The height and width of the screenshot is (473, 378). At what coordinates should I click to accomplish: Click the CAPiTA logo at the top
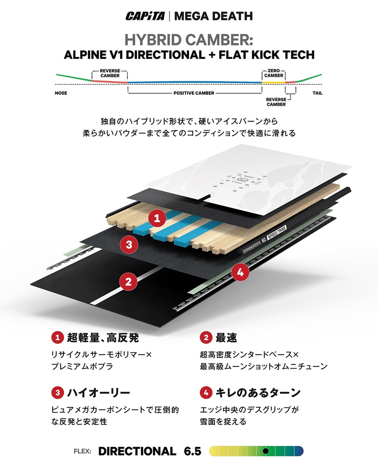[145, 16]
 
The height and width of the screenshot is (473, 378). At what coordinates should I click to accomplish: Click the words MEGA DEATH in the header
[213, 16]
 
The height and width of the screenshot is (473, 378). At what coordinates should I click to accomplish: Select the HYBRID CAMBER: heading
[189, 40]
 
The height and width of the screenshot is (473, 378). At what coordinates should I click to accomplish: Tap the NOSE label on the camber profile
[61, 93]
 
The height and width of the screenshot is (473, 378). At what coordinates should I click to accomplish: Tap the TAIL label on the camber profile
[318, 93]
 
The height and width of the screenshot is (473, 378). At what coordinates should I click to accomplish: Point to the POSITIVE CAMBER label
[194, 93]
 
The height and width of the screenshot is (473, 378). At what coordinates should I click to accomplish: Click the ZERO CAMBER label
[274, 73]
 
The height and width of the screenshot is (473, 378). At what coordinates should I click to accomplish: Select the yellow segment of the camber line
[273, 82]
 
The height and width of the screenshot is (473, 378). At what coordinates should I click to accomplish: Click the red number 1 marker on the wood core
[157, 218]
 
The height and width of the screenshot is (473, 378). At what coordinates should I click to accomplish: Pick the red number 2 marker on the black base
[129, 282]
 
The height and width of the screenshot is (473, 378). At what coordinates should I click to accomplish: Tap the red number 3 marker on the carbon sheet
[129, 244]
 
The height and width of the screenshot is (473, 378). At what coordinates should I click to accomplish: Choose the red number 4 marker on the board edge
[240, 272]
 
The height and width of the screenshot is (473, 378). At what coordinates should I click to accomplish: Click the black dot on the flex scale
[265, 451]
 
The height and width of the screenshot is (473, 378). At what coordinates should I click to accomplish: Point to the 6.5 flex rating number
[192, 451]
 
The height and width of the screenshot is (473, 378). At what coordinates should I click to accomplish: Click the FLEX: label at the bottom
[82, 451]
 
